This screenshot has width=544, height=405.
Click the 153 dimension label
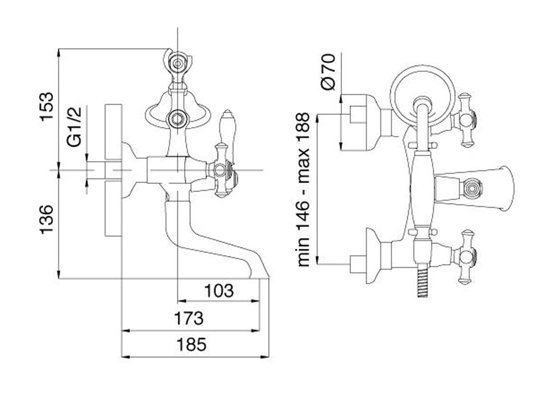49,106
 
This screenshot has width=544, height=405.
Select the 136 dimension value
49,219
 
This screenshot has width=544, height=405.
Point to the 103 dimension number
218,290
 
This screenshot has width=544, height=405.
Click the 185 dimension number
191,344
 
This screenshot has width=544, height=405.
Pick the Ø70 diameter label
328,72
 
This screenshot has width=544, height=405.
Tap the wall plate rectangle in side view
113,170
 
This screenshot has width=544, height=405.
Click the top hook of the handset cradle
177,62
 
